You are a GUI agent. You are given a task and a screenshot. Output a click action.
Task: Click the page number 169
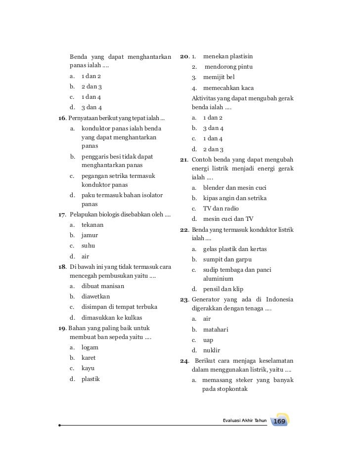click(x=279, y=421)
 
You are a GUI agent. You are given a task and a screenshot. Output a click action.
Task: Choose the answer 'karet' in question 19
click(x=89, y=358)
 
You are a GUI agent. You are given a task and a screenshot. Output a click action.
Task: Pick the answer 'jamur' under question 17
click(x=90, y=235)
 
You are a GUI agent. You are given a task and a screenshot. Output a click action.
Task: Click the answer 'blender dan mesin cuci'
click(x=235, y=188)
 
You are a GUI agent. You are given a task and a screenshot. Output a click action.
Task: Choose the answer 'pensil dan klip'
click(x=223, y=289)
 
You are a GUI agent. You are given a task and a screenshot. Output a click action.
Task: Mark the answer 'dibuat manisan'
click(x=103, y=286)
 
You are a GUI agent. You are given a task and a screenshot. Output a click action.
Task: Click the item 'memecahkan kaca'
click(x=228, y=88)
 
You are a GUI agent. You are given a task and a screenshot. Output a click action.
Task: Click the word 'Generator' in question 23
click(x=206, y=299)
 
